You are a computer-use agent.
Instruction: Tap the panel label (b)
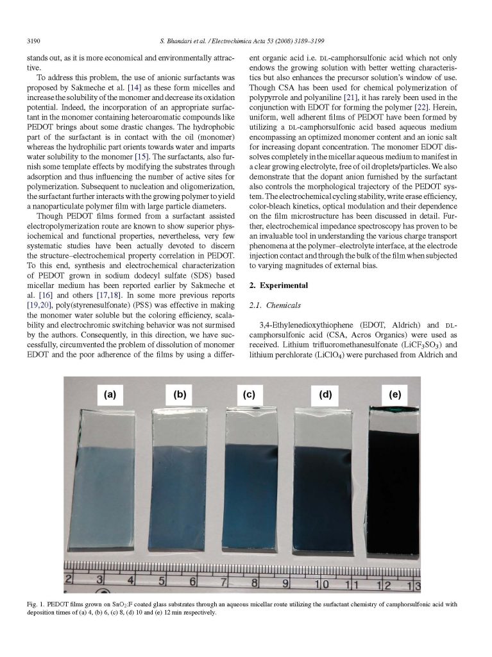[180, 394]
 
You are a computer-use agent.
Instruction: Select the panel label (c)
[250, 395]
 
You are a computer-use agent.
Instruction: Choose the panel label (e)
[391, 395]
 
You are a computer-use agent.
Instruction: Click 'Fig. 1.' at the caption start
[33, 604]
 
